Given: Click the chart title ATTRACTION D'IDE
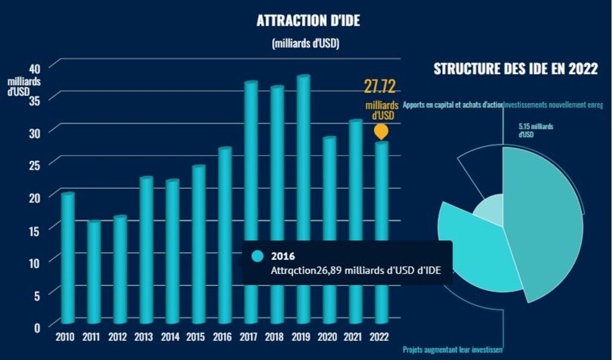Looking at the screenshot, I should [308, 20].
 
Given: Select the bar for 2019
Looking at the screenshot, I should [304, 198].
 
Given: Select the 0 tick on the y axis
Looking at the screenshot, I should [37, 327].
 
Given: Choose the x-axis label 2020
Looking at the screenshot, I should [329, 337].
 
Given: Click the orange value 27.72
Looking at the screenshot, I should [380, 87].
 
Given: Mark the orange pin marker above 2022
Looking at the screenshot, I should [380, 131].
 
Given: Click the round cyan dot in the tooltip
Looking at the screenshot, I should [257, 256].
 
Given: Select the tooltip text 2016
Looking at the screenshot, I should [282, 256].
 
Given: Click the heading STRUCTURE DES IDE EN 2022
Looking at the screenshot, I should [515, 69].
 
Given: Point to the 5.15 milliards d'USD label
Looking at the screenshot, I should [536, 130].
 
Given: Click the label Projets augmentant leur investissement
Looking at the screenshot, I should [453, 349].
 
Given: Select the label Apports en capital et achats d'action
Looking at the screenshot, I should [453, 105].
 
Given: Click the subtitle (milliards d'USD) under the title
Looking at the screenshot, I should [306, 43].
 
